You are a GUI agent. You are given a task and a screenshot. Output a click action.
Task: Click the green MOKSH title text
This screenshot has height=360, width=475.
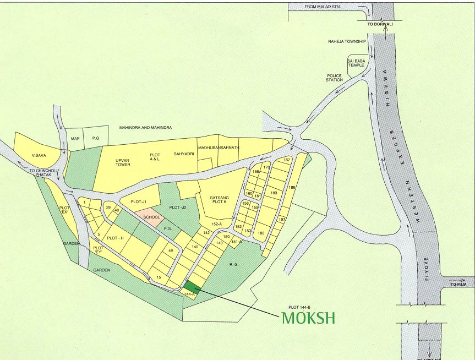point(308,318)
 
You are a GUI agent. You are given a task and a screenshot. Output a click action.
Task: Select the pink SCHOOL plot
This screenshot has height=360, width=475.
point(151,217)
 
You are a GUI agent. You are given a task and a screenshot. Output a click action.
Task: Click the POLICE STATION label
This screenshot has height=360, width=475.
point(334,78)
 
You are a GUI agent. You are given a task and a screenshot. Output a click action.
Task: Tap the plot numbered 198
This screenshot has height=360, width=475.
point(292,188)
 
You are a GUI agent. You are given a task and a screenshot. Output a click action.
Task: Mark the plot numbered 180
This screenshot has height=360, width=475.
point(261,233)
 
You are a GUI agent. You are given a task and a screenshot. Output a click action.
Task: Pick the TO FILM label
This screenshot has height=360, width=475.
point(457,285)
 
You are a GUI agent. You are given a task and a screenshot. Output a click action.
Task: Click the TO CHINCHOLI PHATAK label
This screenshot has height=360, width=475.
point(43,174)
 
